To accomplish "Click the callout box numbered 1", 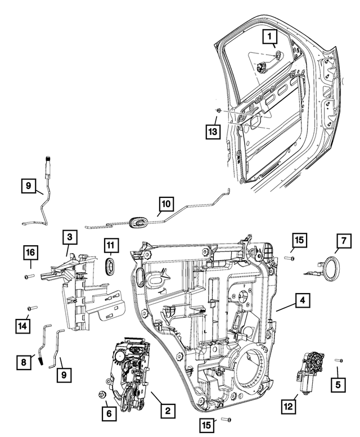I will [271, 38].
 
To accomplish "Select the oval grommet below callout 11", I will [111, 267].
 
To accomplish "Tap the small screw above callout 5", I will [339, 361].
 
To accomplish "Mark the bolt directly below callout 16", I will [30, 276].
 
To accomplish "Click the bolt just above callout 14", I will [31, 308].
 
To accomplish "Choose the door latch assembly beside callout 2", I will [128, 371].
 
